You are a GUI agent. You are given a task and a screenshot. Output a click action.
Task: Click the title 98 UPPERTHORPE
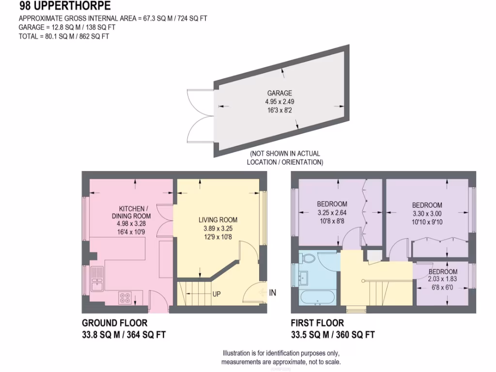tap(64, 6)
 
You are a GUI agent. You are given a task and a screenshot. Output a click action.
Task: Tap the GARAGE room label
tap(279, 93)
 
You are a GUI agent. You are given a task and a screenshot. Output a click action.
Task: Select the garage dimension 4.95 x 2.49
tap(279, 102)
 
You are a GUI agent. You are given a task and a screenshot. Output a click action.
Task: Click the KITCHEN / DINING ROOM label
tap(131, 212)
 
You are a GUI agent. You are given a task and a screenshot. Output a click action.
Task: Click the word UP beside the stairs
tap(217, 294)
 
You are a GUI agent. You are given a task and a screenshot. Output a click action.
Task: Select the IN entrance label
tap(273, 293)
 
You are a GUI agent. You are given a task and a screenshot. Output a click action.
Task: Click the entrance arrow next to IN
tap(263, 293)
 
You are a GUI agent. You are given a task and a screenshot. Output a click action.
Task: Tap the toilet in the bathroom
tap(308, 259)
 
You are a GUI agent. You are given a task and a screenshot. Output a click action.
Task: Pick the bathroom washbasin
tap(304, 277)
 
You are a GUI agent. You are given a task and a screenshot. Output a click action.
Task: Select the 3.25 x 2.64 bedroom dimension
tap(332, 212)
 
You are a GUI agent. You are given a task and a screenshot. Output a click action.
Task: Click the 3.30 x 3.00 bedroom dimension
tap(427, 213)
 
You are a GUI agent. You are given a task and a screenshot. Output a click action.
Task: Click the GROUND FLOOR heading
tap(114, 323)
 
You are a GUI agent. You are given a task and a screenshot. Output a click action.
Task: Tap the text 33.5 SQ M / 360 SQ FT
tap(332, 334)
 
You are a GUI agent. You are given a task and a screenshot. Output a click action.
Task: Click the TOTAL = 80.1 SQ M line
tap(63, 36)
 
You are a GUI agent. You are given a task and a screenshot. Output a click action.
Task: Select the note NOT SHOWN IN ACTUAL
tap(285, 154)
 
